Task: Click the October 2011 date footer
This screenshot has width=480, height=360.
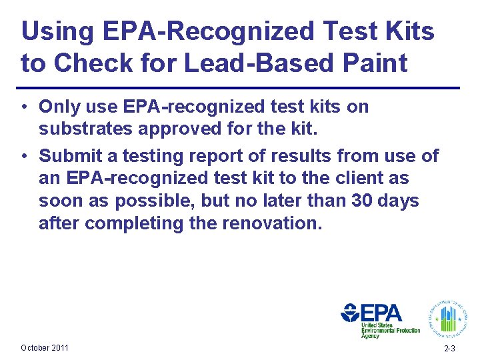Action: [45, 348]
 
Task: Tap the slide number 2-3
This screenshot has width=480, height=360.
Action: [449, 349]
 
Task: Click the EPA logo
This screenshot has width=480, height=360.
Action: [380, 318]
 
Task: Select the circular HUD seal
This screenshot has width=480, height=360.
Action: [448, 315]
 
